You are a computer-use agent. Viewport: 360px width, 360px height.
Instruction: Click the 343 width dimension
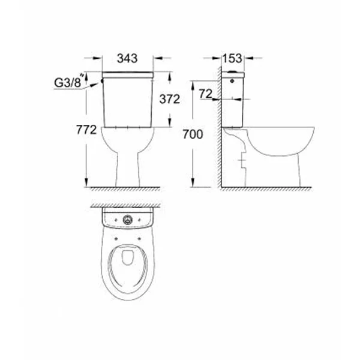pyautogui.click(x=127, y=58)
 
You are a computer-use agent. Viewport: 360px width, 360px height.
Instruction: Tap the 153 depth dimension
pyautogui.click(x=231, y=58)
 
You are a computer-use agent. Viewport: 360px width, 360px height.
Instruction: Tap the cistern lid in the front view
pyautogui.click(x=127, y=74)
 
